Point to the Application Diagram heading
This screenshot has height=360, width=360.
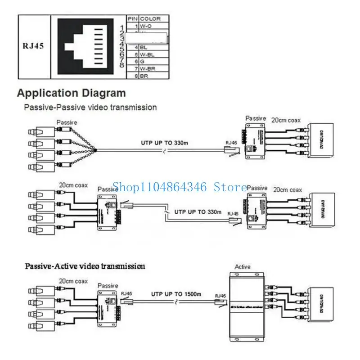click(72, 94)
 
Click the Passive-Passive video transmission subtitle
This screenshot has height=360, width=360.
click(90, 108)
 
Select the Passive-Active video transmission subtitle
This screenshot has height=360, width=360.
click(84, 266)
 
